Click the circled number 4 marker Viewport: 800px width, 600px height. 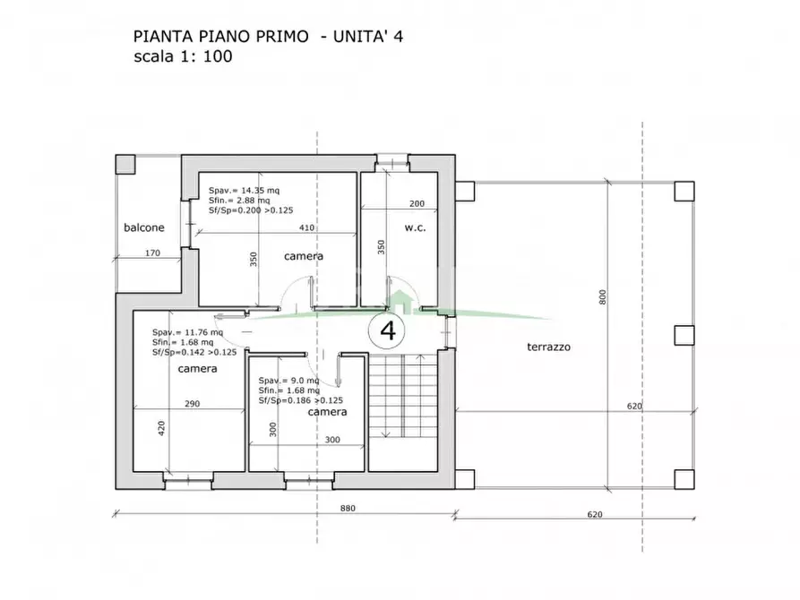[388, 330]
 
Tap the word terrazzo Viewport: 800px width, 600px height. [549, 347]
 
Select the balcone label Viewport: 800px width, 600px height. [144, 227]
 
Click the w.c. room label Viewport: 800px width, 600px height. [414, 227]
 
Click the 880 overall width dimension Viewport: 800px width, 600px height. [348, 509]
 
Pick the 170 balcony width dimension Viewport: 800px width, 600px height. [152, 253]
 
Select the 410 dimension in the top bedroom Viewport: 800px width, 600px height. [306, 227]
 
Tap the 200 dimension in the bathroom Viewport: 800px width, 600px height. [417, 203]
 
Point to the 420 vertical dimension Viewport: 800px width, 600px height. [162, 428]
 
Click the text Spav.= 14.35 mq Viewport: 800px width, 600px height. [244, 191]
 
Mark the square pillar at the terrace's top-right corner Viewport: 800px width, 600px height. [684, 191]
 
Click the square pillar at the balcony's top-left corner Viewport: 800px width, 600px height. [125, 165]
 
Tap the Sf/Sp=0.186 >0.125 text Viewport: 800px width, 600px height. [300, 401]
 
